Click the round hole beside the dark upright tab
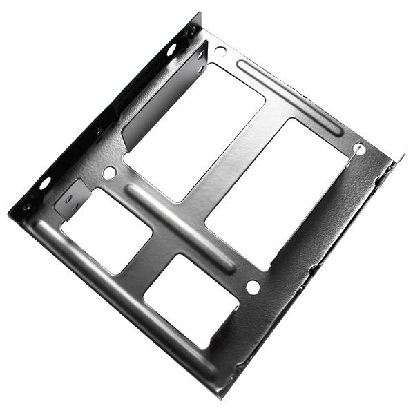(x=220, y=50)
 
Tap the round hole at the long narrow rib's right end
(x=358, y=148)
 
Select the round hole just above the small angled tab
(x=109, y=173)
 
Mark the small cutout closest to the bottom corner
(x=190, y=300)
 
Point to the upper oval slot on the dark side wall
(x=171, y=50)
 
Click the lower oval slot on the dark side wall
(x=45, y=183)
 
